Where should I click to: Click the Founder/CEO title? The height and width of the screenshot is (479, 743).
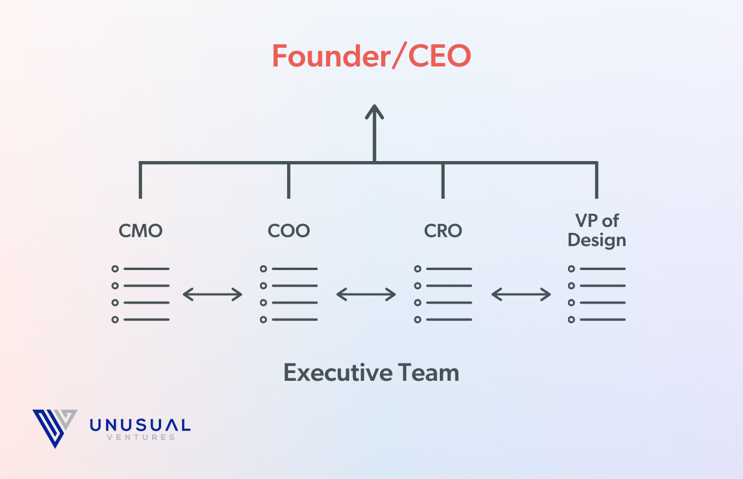[x=371, y=56]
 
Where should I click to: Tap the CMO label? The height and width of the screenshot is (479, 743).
[x=140, y=231]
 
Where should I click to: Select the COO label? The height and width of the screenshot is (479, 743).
[x=289, y=231]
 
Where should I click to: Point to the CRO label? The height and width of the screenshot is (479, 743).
[x=443, y=231]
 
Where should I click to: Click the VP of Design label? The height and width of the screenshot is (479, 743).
[x=597, y=231]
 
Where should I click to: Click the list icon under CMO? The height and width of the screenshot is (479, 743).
[x=140, y=294]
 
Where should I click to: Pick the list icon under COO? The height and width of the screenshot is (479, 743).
[x=289, y=294]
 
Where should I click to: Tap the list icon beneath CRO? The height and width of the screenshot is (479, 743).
[x=443, y=294]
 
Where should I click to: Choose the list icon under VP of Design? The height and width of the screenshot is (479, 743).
[x=597, y=294]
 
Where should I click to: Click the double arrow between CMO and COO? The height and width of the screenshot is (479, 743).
[x=213, y=294]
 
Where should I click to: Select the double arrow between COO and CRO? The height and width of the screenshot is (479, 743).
[x=366, y=294]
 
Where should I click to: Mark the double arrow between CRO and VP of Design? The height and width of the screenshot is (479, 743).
[x=521, y=294]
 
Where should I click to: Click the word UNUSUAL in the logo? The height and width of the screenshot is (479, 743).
[x=140, y=426]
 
